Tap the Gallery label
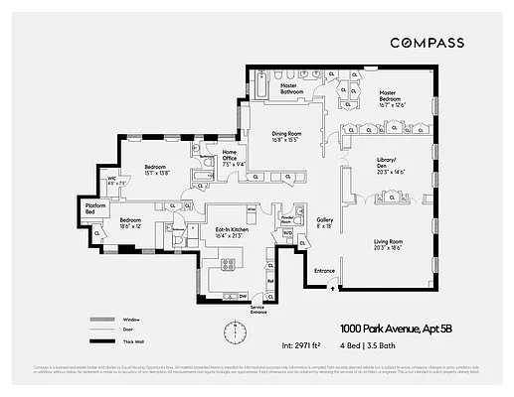click(x=325, y=223)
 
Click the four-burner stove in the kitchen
click(x=228, y=263)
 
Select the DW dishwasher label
click(x=243, y=295)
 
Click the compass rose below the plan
click(x=236, y=331)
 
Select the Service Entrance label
click(x=259, y=311)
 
